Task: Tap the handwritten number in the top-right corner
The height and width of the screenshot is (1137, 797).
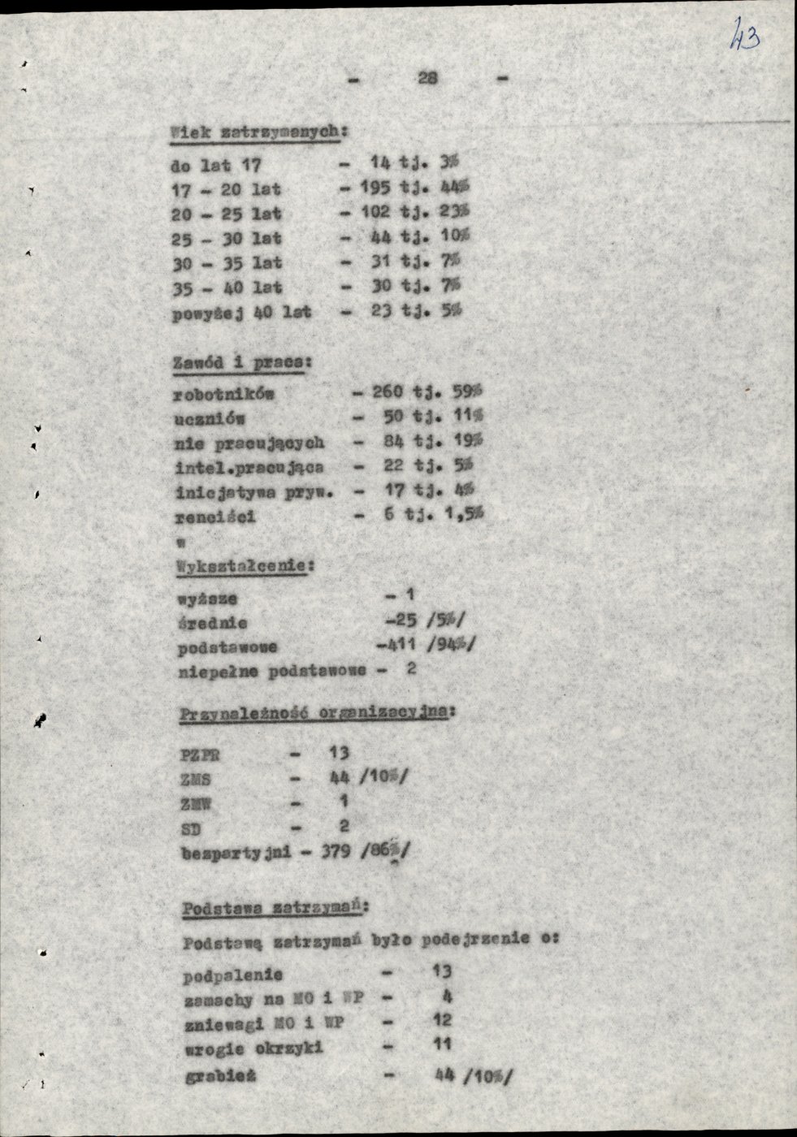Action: click(744, 36)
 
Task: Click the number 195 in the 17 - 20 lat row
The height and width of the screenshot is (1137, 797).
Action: click(375, 188)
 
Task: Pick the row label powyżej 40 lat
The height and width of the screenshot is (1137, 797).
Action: click(241, 312)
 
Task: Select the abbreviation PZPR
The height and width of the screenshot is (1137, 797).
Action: click(200, 754)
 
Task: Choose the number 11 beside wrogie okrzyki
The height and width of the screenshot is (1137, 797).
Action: click(442, 1044)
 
